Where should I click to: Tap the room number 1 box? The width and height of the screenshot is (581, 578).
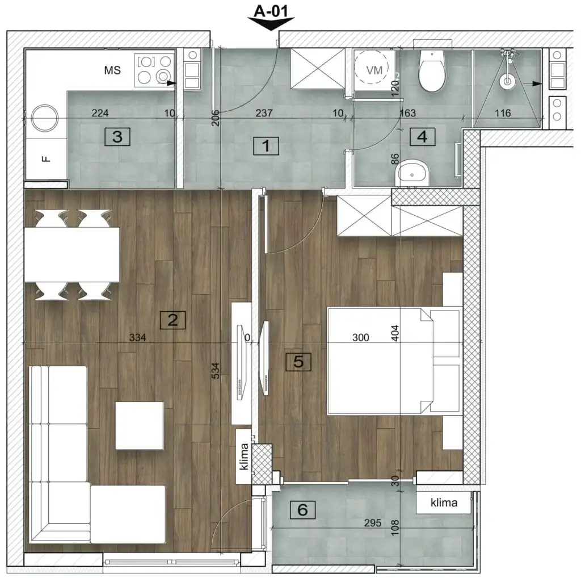click(264, 146)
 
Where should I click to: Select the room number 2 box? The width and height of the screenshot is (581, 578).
click(172, 320)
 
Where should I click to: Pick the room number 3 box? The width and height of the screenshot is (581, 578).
click(117, 136)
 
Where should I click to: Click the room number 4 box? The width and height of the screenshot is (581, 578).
click(422, 137)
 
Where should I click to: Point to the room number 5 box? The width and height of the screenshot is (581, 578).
click(298, 361)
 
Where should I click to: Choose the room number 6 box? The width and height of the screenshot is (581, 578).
click(302, 510)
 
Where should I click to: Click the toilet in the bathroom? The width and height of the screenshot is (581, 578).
click(432, 73)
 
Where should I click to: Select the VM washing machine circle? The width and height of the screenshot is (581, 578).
click(374, 70)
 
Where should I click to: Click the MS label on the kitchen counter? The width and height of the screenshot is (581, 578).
click(112, 70)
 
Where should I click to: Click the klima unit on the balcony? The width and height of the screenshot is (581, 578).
click(444, 502)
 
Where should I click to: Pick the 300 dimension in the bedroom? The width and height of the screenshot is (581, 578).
click(360, 337)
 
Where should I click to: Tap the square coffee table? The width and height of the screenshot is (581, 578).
click(140, 425)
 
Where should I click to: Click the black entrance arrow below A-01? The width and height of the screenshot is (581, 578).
click(271, 23)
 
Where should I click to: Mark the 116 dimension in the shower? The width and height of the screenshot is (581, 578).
click(502, 114)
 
